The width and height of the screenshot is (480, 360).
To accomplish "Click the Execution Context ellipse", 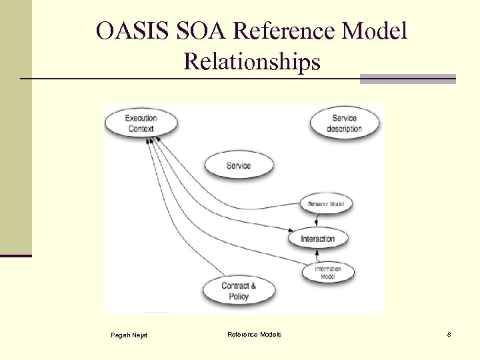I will (141, 123).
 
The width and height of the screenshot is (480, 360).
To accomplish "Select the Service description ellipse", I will (344, 123).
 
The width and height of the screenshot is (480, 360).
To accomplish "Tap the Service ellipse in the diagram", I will (238, 165).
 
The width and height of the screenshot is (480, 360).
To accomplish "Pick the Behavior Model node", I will (326, 203).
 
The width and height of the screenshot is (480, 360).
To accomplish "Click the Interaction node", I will (317, 239).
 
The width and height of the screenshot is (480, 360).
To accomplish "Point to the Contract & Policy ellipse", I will (238, 291).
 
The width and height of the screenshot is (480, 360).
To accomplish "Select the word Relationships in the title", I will (251, 62).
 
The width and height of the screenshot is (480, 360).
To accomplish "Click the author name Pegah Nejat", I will (129, 335).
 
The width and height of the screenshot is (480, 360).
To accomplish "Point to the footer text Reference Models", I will (254, 334).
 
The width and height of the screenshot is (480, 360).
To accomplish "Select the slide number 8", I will (449, 334).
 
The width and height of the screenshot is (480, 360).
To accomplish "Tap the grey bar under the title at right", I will (407, 79).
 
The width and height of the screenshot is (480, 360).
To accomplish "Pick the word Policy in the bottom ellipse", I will (238, 296).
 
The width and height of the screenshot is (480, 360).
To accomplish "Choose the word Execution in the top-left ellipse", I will (141, 119).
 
